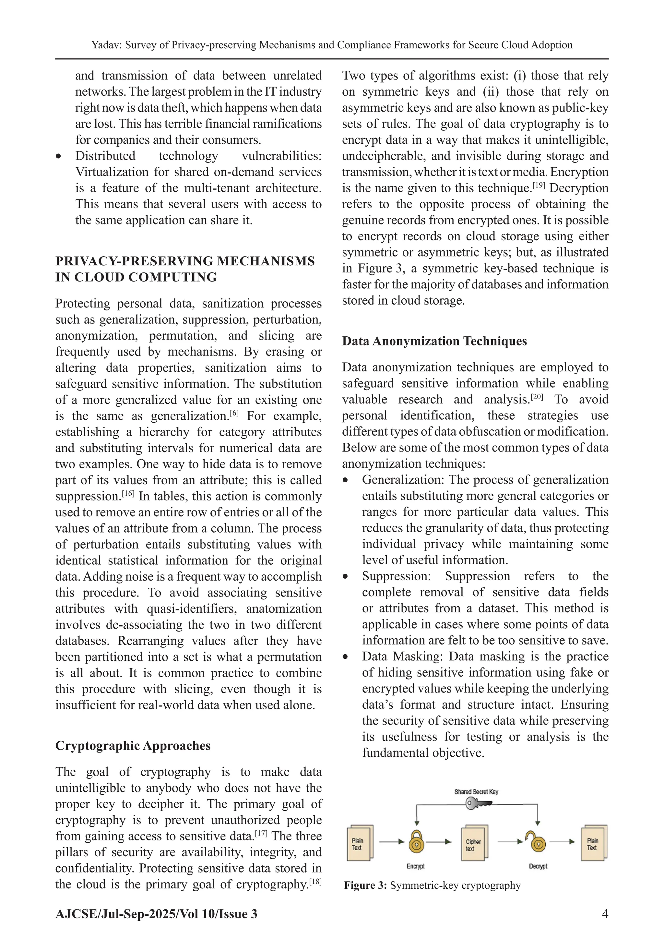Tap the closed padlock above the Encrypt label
tap(416, 842)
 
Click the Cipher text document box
tap(474, 844)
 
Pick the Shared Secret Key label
tap(476, 792)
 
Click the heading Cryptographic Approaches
tap(133, 746)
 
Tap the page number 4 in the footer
tap(605, 914)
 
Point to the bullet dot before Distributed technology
tap(59, 157)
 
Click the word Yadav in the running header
tap(105, 45)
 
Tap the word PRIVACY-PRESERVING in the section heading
tap(133, 261)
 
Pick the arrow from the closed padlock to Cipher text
tap(439, 842)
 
